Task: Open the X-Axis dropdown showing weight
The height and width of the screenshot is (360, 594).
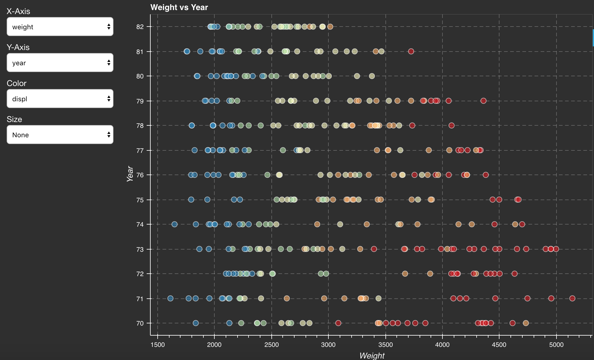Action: point(60,27)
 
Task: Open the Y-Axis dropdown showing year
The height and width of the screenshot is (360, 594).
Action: point(60,63)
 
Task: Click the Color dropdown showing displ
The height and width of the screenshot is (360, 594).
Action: point(60,99)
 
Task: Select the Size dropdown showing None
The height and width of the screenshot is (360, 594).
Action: point(60,135)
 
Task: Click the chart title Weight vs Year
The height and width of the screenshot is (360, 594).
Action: point(179,7)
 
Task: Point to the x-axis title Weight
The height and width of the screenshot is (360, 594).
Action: point(372,355)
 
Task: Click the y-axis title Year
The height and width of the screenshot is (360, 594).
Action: point(130,174)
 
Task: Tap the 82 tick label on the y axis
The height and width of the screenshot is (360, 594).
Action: point(140,27)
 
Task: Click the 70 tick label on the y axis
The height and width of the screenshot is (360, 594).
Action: point(140,323)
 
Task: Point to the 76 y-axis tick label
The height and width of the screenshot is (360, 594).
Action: point(140,175)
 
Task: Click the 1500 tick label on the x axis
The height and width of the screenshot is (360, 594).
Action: point(157,345)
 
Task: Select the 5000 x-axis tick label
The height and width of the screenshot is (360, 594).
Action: point(556,345)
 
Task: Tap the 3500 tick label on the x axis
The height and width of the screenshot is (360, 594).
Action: point(385,345)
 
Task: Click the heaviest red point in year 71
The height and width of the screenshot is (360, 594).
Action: point(572,298)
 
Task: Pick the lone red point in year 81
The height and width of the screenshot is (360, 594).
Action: point(411,51)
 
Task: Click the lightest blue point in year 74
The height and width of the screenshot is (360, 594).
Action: point(174,224)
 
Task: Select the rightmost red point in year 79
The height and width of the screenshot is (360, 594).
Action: point(483,101)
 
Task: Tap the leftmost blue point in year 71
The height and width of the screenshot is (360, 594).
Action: point(170,298)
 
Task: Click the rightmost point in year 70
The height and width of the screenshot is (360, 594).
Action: point(526,323)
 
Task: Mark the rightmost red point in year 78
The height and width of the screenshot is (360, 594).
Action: point(452,125)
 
